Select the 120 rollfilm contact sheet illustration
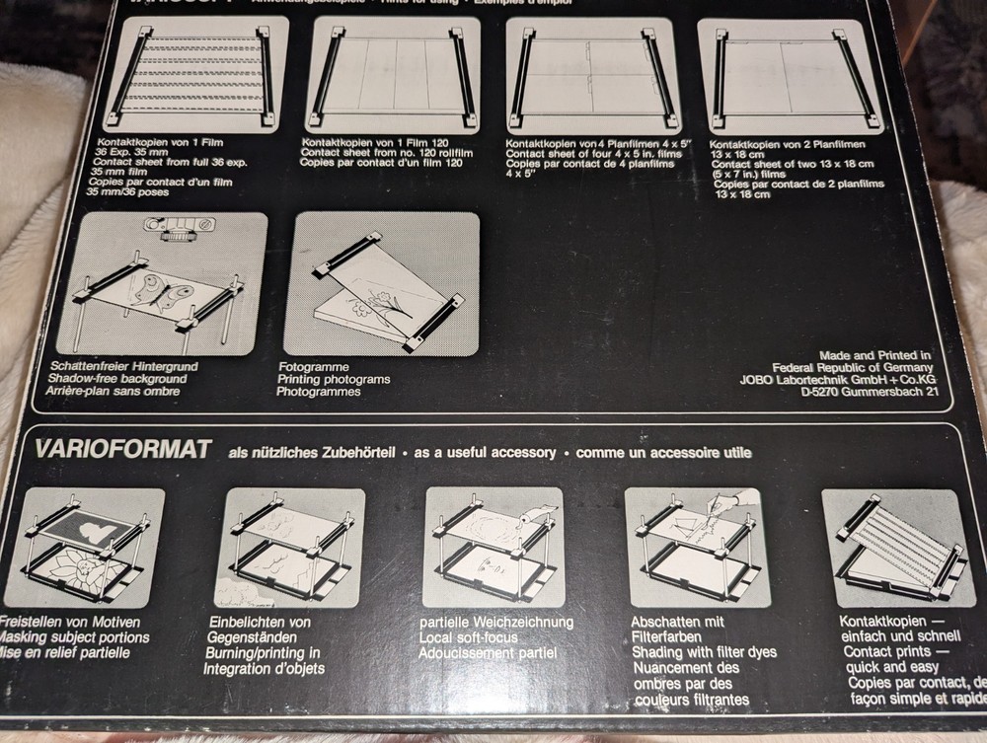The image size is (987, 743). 393,75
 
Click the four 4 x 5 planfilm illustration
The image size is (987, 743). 589,75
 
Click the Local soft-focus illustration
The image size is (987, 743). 493,547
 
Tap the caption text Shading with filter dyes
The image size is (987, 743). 704,651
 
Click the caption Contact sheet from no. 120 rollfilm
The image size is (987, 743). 387,155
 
